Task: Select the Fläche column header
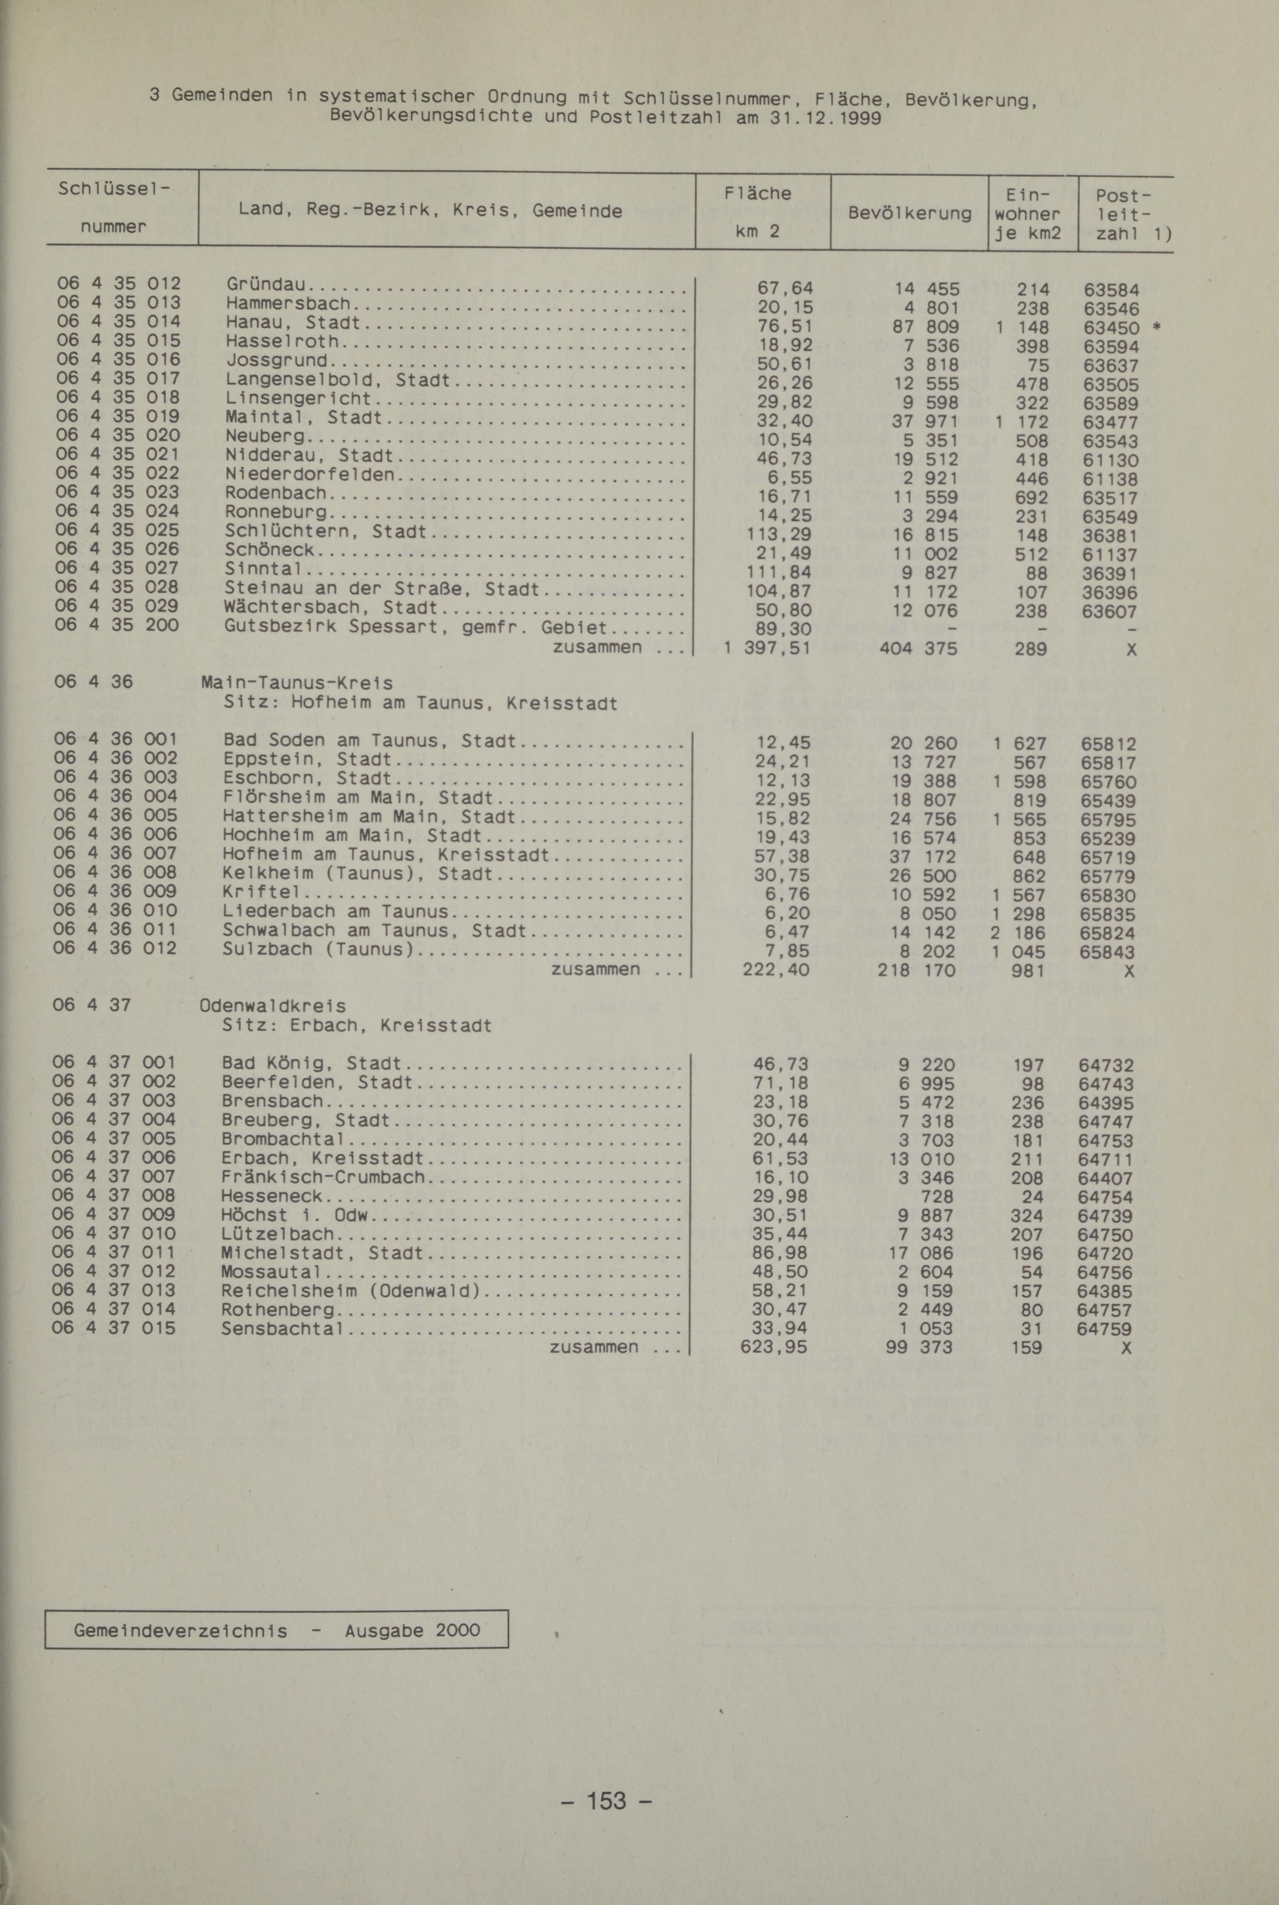758,193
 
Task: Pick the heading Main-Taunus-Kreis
297,683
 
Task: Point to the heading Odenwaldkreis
272,1006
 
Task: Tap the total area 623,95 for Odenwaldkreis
773,1347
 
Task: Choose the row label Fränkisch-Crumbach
323,1177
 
